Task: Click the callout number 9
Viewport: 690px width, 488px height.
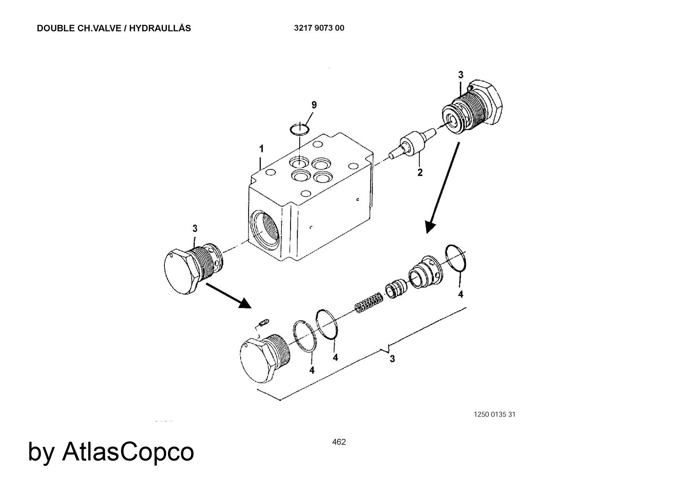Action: pyautogui.click(x=314, y=105)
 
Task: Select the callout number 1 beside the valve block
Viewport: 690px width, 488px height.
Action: pyautogui.click(x=262, y=149)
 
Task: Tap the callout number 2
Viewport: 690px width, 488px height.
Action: pyautogui.click(x=420, y=172)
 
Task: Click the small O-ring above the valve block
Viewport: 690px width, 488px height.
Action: pyautogui.click(x=299, y=129)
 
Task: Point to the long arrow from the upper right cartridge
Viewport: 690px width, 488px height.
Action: pyautogui.click(x=443, y=188)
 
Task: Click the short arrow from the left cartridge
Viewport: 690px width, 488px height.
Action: pyautogui.click(x=228, y=295)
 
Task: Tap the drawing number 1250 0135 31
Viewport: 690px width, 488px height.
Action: pyautogui.click(x=495, y=414)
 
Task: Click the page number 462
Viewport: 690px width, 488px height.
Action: pyautogui.click(x=339, y=442)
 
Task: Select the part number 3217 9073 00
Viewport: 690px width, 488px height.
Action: pyautogui.click(x=319, y=28)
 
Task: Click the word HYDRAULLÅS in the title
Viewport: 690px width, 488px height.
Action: pyautogui.click(x=160, y=28)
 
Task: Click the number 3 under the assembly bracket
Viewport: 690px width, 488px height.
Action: pyautogui.click(x=392, y=359)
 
